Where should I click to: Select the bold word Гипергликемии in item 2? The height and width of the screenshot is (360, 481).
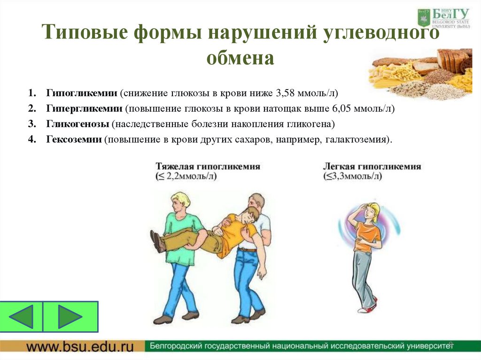coord(84,108)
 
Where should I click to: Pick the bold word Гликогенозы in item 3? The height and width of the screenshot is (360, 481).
coord(78,124)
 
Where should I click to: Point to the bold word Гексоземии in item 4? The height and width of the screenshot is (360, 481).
coord(74,140)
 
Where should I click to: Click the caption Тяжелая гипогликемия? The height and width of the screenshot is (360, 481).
coord(208,167)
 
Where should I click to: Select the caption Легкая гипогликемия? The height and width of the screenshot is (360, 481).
coord(372,167)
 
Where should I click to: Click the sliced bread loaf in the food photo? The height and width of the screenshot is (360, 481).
coord(452,60)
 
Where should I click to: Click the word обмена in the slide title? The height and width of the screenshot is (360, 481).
coord(240,59)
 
